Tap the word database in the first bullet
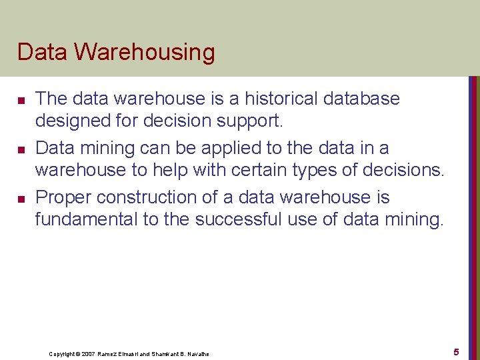363,99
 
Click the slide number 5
456,351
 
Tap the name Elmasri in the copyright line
131,353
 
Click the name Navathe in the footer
198,353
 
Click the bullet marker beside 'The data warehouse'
21,100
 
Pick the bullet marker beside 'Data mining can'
21,149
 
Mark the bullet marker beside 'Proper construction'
21,199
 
